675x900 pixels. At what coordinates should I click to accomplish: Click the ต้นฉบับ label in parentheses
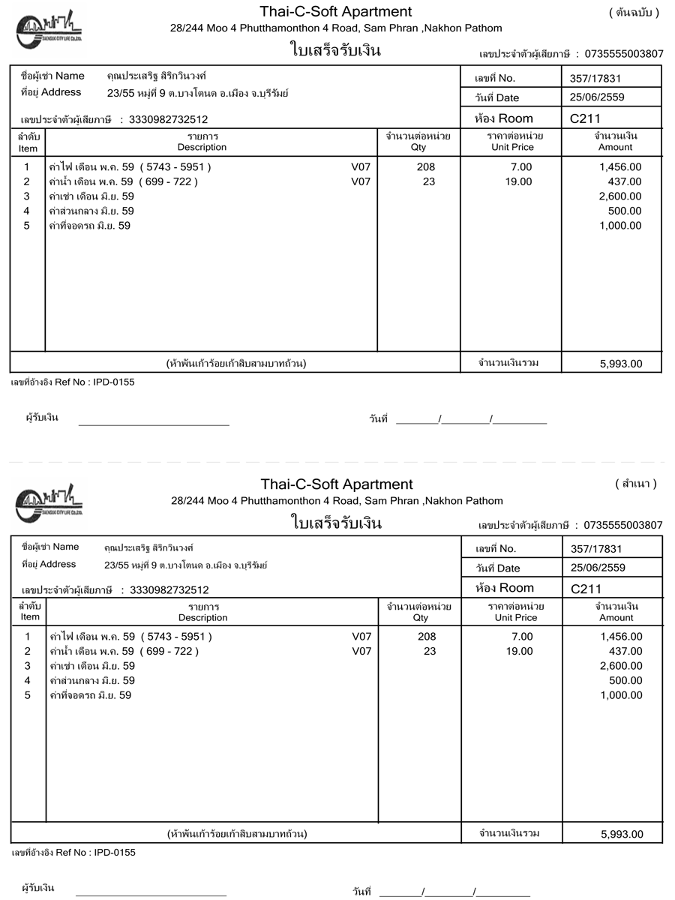(x=633, y=13)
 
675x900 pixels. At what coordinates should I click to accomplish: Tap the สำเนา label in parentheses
(x=635, y=484)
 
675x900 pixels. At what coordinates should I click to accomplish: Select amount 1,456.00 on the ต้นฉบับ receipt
(x=620, y=167)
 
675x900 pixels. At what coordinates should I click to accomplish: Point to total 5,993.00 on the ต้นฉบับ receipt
(x=621, y=364)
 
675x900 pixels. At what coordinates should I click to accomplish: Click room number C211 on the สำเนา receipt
(x=586, y=589)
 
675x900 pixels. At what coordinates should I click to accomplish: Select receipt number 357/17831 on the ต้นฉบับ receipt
(x=595, y=78)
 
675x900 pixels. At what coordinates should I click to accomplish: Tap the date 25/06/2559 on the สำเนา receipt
(x=598, y=568)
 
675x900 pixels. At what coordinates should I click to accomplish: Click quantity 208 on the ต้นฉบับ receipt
(x=425, y=167)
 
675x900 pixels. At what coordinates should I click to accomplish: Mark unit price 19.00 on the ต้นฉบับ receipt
(x=518, y=181)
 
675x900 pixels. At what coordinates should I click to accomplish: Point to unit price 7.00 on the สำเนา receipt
(x=522, y=637)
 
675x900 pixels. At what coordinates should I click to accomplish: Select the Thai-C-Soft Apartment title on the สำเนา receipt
(x=337, y=484)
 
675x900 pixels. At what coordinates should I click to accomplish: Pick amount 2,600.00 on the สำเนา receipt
(x=621, y=666)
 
